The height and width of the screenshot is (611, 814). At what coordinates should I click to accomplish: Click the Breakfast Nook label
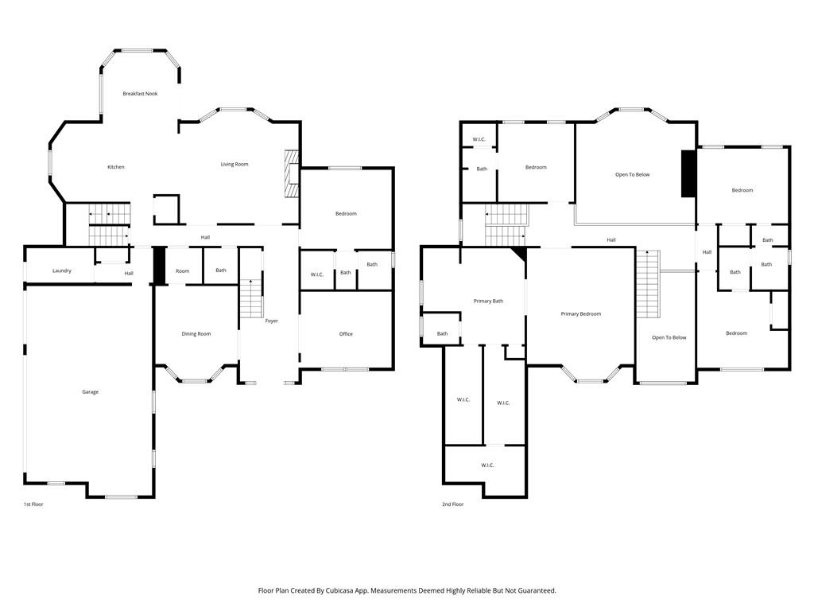point(140,94)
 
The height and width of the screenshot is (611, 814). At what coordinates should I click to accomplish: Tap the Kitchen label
point(116,167)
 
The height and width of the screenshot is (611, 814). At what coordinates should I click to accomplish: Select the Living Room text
point(235,165)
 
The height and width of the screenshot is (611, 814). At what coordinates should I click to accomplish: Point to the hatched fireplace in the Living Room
point(292,173)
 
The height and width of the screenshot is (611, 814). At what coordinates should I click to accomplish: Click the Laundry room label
point(62,271)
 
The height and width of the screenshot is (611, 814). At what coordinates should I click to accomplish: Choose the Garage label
point(91,392)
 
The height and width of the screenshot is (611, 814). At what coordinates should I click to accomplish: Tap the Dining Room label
point(196,334)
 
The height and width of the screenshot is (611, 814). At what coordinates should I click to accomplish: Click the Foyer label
point(272,321)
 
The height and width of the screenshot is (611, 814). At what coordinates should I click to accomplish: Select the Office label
point(346,334)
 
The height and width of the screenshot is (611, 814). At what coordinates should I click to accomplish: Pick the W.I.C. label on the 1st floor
point(316,274)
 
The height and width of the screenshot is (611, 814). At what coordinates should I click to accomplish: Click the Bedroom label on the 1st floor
point(346,214)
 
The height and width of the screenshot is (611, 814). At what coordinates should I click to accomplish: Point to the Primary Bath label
point(488,302)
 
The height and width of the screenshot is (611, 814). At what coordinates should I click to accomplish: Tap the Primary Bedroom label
point(581,314)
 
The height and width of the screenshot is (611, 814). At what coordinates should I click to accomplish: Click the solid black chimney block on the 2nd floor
point(688,173)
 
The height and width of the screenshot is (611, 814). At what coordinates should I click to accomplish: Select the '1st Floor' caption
point(33,504)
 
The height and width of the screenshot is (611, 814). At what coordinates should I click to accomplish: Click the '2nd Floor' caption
point(453,504)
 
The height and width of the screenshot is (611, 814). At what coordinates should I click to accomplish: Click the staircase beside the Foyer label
point(250,298)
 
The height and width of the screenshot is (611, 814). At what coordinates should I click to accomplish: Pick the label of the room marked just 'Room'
point(182,271)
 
